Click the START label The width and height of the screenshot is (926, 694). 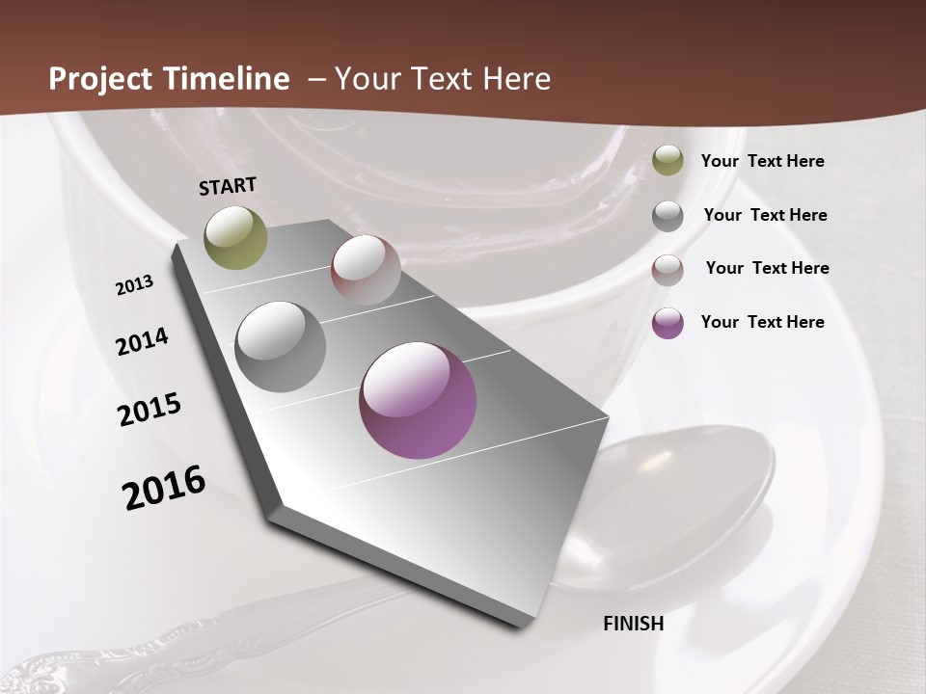click(x=228, y=186)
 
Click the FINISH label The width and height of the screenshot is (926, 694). click(x=633, y=624)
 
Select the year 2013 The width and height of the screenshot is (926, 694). click(x=135, y=285)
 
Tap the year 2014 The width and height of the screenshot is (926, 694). click(x=143, y=341)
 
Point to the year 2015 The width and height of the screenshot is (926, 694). click(x=150, y=410)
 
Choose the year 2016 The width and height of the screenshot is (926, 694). click(x=164, y=488)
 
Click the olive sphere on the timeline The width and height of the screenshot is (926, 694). click(x=236, y=237)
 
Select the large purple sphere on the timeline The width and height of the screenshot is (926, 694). click(x=418, y=400)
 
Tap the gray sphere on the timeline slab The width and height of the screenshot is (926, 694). click(x=280, y=347)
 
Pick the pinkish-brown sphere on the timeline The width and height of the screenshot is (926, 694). click(x=366, y=270)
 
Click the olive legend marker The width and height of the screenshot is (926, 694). click(x=667, y=161)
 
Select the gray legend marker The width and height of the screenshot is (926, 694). click(x=667, y=215)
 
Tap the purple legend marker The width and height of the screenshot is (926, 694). click(x=667, y=323)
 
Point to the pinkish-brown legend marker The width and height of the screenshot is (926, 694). click(x=667, y=269)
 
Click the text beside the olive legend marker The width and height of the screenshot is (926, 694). click(x=762, y=161)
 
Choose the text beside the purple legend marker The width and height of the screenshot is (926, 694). click(x=762, y=322)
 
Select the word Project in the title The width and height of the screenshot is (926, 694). click(x=95, y=78)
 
